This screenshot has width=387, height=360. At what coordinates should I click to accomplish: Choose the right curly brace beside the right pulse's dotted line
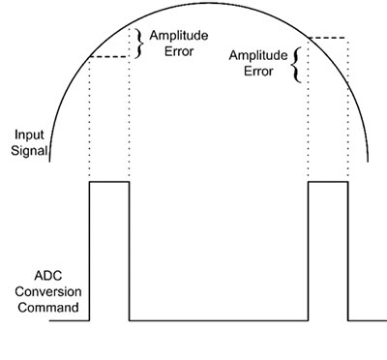[296, 62]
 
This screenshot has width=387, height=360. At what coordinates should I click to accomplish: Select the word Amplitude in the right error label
[256, 55]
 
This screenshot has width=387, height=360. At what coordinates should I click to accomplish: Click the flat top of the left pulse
[108, 181]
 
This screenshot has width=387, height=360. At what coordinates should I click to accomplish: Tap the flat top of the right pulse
[328, 181]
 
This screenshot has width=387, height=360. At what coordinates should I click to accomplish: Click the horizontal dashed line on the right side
[327, 38]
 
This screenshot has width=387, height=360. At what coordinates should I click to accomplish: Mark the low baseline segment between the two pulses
[218, 319]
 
